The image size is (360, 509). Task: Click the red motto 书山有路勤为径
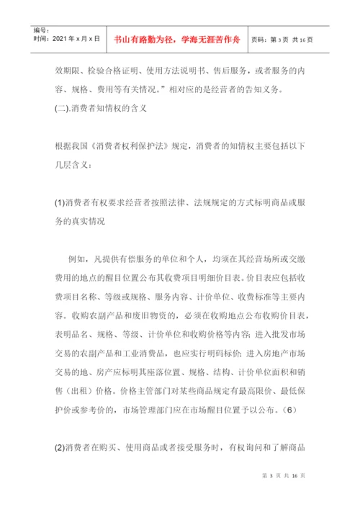click(144, 38)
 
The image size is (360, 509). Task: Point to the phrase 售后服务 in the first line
click(221, 71)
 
